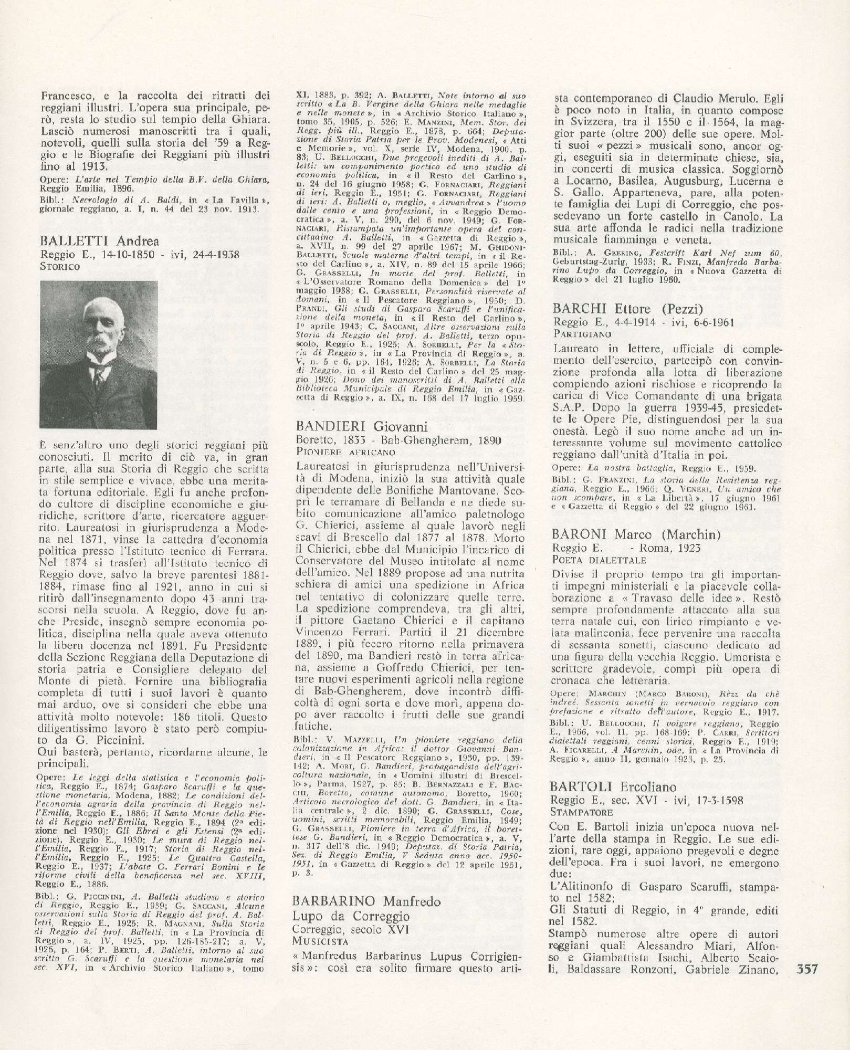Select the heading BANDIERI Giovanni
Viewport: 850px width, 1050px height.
click(362, 426)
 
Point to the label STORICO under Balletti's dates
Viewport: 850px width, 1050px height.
click(60, 267)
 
